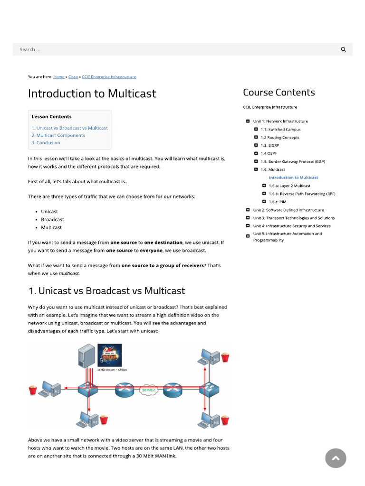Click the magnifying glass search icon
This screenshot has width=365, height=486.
[x=344, y=49]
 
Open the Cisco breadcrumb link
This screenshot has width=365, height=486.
[x=73, y=77]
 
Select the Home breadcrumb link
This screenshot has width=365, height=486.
[x=59, y=77]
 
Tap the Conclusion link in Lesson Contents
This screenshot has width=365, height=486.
[x=46, y=143]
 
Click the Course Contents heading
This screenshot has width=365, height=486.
[x=279, y=93]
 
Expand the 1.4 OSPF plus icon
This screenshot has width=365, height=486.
[x=256, y=153]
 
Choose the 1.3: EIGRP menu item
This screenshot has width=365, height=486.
[x=270, y=145]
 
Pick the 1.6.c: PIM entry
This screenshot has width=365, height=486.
[x=278, y=202]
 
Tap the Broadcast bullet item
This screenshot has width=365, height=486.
[x=52, y=220]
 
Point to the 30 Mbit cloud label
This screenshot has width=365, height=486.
[x=149, y=390]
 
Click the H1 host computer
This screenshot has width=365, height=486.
[x=49, y=390]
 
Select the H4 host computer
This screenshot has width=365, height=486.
[x=208, y=420]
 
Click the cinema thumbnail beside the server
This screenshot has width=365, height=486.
[x=109, y=355]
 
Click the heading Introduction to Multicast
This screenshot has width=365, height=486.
[x=92, y=93]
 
